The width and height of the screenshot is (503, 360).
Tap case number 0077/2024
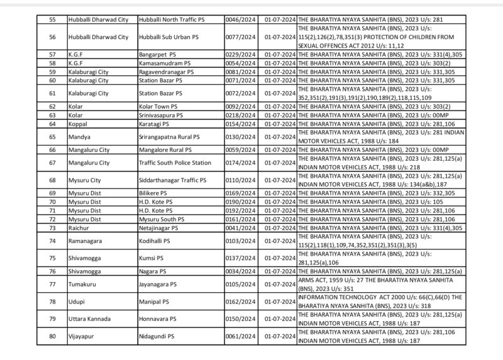tap(241, 37)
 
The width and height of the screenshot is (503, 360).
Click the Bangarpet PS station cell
tap(157, 55)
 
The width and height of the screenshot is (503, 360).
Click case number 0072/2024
tap(241, 93)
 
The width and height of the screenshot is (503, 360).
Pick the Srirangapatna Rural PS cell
tap(169, 136)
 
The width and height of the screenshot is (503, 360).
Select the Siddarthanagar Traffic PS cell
tap(172, 180)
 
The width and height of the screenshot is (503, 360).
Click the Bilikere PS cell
tap(153, 193)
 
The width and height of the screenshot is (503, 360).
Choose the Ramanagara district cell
tap(85, 241)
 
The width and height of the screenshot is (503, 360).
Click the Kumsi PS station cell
tap(151, 258)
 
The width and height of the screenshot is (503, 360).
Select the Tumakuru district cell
tap(82, 284)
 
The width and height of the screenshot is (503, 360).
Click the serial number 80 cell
tap(52, 336)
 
